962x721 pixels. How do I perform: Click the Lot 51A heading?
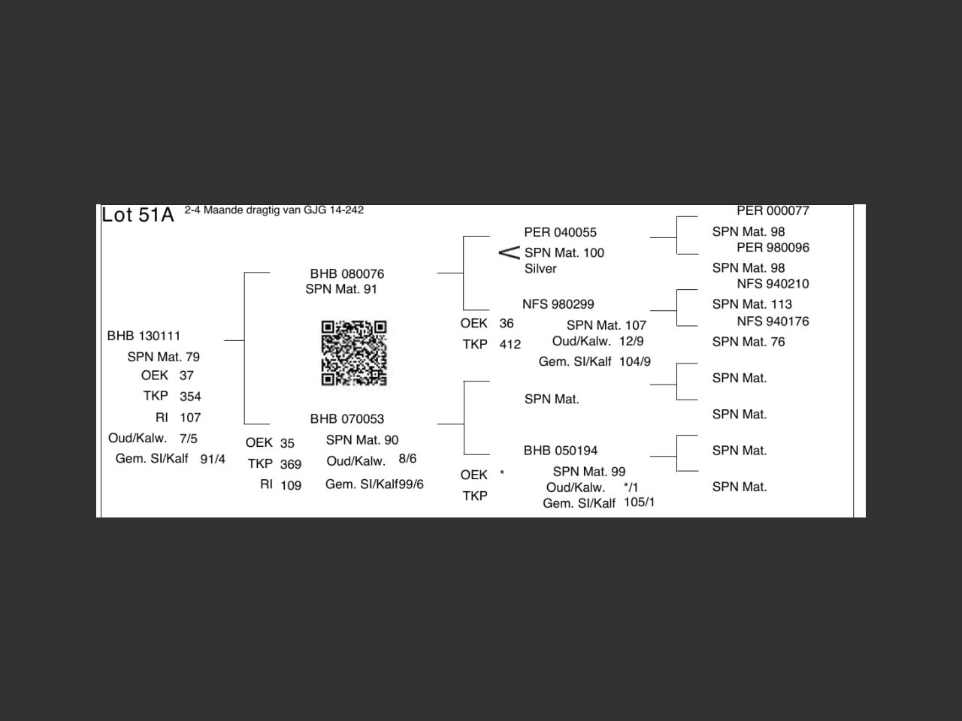[x=138, y=215]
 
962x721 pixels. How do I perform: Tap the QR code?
[x=354, y=353]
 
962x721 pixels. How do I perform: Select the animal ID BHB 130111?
[x=144, y=336]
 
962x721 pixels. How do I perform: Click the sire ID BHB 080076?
[x=346, y=273]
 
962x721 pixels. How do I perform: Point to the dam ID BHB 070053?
[x=346, y=418]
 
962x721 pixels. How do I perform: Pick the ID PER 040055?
[x=560, y=232]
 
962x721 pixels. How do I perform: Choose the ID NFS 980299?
[x=558, y=304]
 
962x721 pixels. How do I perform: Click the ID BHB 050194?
[x=560, y=451]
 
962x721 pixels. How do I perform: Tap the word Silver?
[x=540, y=268]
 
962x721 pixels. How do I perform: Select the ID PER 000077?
[x=773, y=211]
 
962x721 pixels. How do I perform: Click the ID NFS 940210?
[x=773, y=284]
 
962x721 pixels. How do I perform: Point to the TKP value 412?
[x=510, y=344]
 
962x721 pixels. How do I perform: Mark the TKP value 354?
[x=190, y=397]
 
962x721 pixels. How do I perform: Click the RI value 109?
[x=291, y=485]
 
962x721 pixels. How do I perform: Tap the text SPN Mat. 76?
[x=748, y=342]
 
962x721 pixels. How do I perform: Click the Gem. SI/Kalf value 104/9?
[x=634, y=362]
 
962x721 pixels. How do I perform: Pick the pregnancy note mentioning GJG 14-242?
[x=274, y=210]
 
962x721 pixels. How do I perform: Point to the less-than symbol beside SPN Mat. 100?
[x=509, y=252]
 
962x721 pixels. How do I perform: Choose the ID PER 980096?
[x=773, y=247]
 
